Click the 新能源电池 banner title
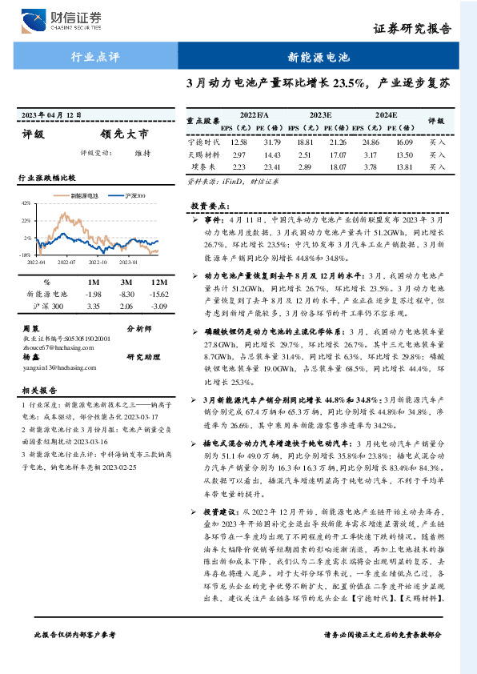(x=319, y=58)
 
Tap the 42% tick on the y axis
(x=26, y=203)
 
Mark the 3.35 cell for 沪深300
(x=93, y=306)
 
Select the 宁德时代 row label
(x=202, y=142)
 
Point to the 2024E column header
(x=387, y=115)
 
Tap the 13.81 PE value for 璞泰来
(x=405, y=167)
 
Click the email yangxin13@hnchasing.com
(x=54, y=367)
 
